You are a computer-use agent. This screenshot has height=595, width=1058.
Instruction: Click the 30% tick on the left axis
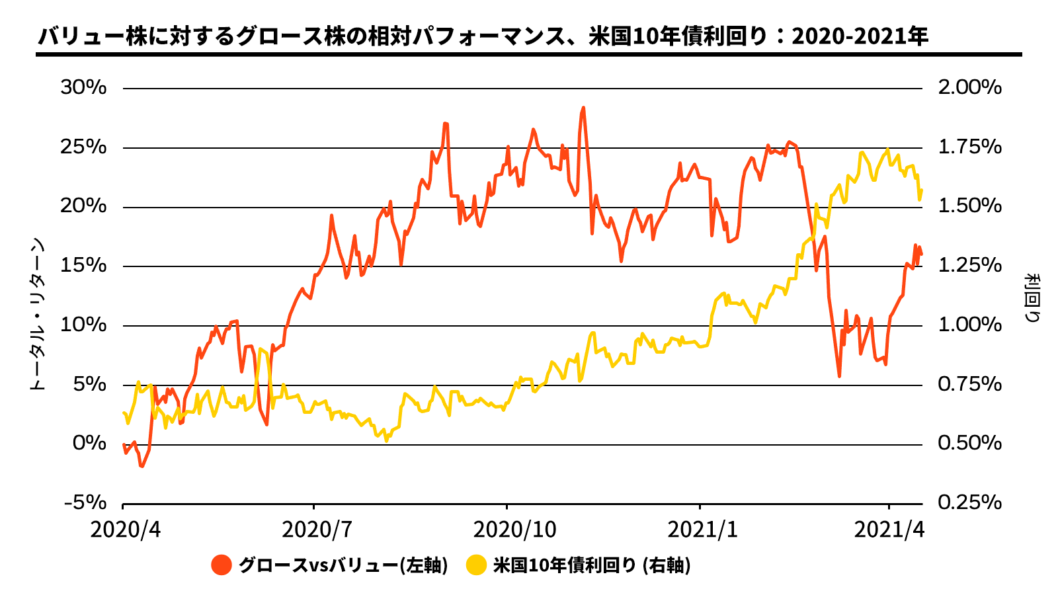coord(83,87)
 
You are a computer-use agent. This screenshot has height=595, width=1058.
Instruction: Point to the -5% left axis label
coord(85,503)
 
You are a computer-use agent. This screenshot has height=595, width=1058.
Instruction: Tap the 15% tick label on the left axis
coord(83,265)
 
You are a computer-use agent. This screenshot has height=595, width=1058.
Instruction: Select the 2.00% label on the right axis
coord(969,87)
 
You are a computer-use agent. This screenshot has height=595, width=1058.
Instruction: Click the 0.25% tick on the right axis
coord(969,503)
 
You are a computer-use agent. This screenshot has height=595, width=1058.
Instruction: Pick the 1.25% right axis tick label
coord(969,265)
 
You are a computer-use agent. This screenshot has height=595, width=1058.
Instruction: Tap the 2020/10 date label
coord(507,530)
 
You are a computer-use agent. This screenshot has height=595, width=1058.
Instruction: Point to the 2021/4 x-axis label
coord(888,530)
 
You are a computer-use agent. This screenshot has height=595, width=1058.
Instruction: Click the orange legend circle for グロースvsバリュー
coord(222,565)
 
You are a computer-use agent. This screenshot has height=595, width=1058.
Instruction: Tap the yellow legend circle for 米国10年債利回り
coord(476,565)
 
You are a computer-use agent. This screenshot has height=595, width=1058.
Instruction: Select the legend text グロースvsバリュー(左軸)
coord(343,565)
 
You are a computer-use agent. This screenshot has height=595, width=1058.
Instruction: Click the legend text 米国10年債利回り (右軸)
coord(592,565)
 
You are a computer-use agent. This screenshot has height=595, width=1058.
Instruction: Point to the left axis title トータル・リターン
coord(38,314)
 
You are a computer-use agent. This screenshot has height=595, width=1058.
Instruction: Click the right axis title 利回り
coord(1032,297)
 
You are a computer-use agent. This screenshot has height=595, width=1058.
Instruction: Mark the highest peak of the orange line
coord(583,108)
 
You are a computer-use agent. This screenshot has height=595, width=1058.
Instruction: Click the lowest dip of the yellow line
coord(386,440)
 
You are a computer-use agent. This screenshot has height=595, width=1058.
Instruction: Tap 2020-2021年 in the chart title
coord(860,36)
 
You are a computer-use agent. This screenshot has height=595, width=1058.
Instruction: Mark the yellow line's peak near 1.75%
coord(887,149)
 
